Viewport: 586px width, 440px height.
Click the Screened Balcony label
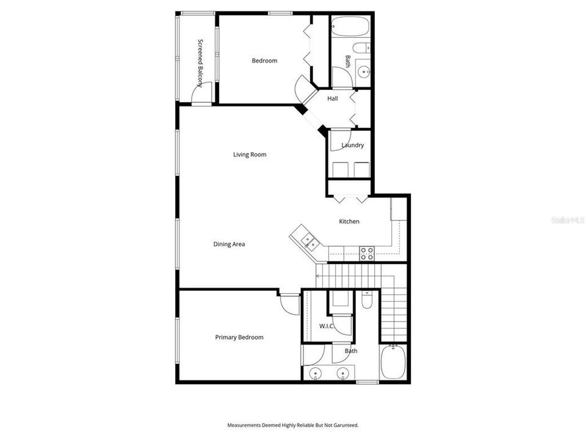(201, 63)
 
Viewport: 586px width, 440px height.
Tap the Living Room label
(250, 155)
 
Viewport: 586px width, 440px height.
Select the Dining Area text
(229, 244)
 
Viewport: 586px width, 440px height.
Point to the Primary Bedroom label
(239, 337)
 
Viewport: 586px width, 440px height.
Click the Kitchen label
(349, 221)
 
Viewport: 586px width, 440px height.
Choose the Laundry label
(352, 145)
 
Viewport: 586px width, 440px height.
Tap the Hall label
(333, 98)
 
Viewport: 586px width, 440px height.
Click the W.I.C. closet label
(327, 326)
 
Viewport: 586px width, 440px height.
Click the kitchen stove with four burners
(367, 253)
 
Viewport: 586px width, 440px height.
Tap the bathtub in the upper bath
(350, 26)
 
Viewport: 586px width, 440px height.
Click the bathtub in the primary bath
(392, 362)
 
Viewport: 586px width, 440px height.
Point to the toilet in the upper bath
(362, 49)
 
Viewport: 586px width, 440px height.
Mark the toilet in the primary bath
(367, 300)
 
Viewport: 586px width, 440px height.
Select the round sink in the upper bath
(364, 72)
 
